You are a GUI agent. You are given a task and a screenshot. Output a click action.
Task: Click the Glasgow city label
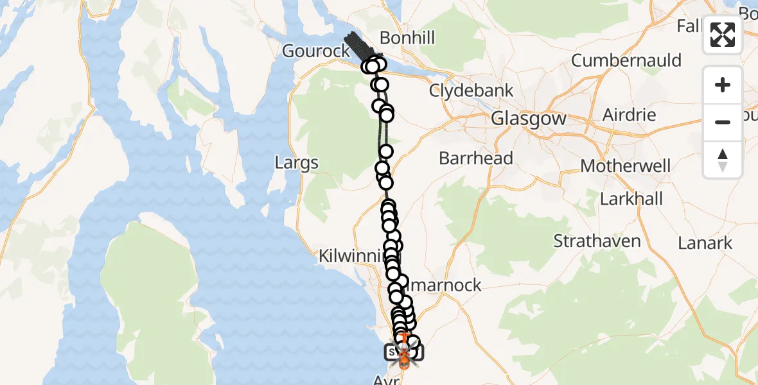point(529,119)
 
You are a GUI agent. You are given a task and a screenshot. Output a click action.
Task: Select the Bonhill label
point(407,38)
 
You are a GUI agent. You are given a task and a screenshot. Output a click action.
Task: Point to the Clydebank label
point(472,90)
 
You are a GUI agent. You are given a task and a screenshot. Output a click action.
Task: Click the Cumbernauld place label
point(626,61)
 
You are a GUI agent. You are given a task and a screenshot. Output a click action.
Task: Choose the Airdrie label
point(630,116)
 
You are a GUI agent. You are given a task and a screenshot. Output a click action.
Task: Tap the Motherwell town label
point(626,166)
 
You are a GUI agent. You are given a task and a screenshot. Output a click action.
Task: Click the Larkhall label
point(631,199)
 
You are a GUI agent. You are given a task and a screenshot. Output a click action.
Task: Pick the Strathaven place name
point(597,242)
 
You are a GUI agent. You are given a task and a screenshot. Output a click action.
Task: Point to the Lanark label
point(705,243)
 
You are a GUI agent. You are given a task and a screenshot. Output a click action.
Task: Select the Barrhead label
point(476,158)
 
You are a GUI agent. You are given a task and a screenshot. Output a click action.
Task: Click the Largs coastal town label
point(296,163)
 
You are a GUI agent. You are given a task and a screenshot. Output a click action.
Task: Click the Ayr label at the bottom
point(386,380)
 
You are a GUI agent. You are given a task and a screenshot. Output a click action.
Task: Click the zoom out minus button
point(723,122)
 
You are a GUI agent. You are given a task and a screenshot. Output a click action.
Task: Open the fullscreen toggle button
point(723,35)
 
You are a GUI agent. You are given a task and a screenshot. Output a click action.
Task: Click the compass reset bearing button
point(723,159)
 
